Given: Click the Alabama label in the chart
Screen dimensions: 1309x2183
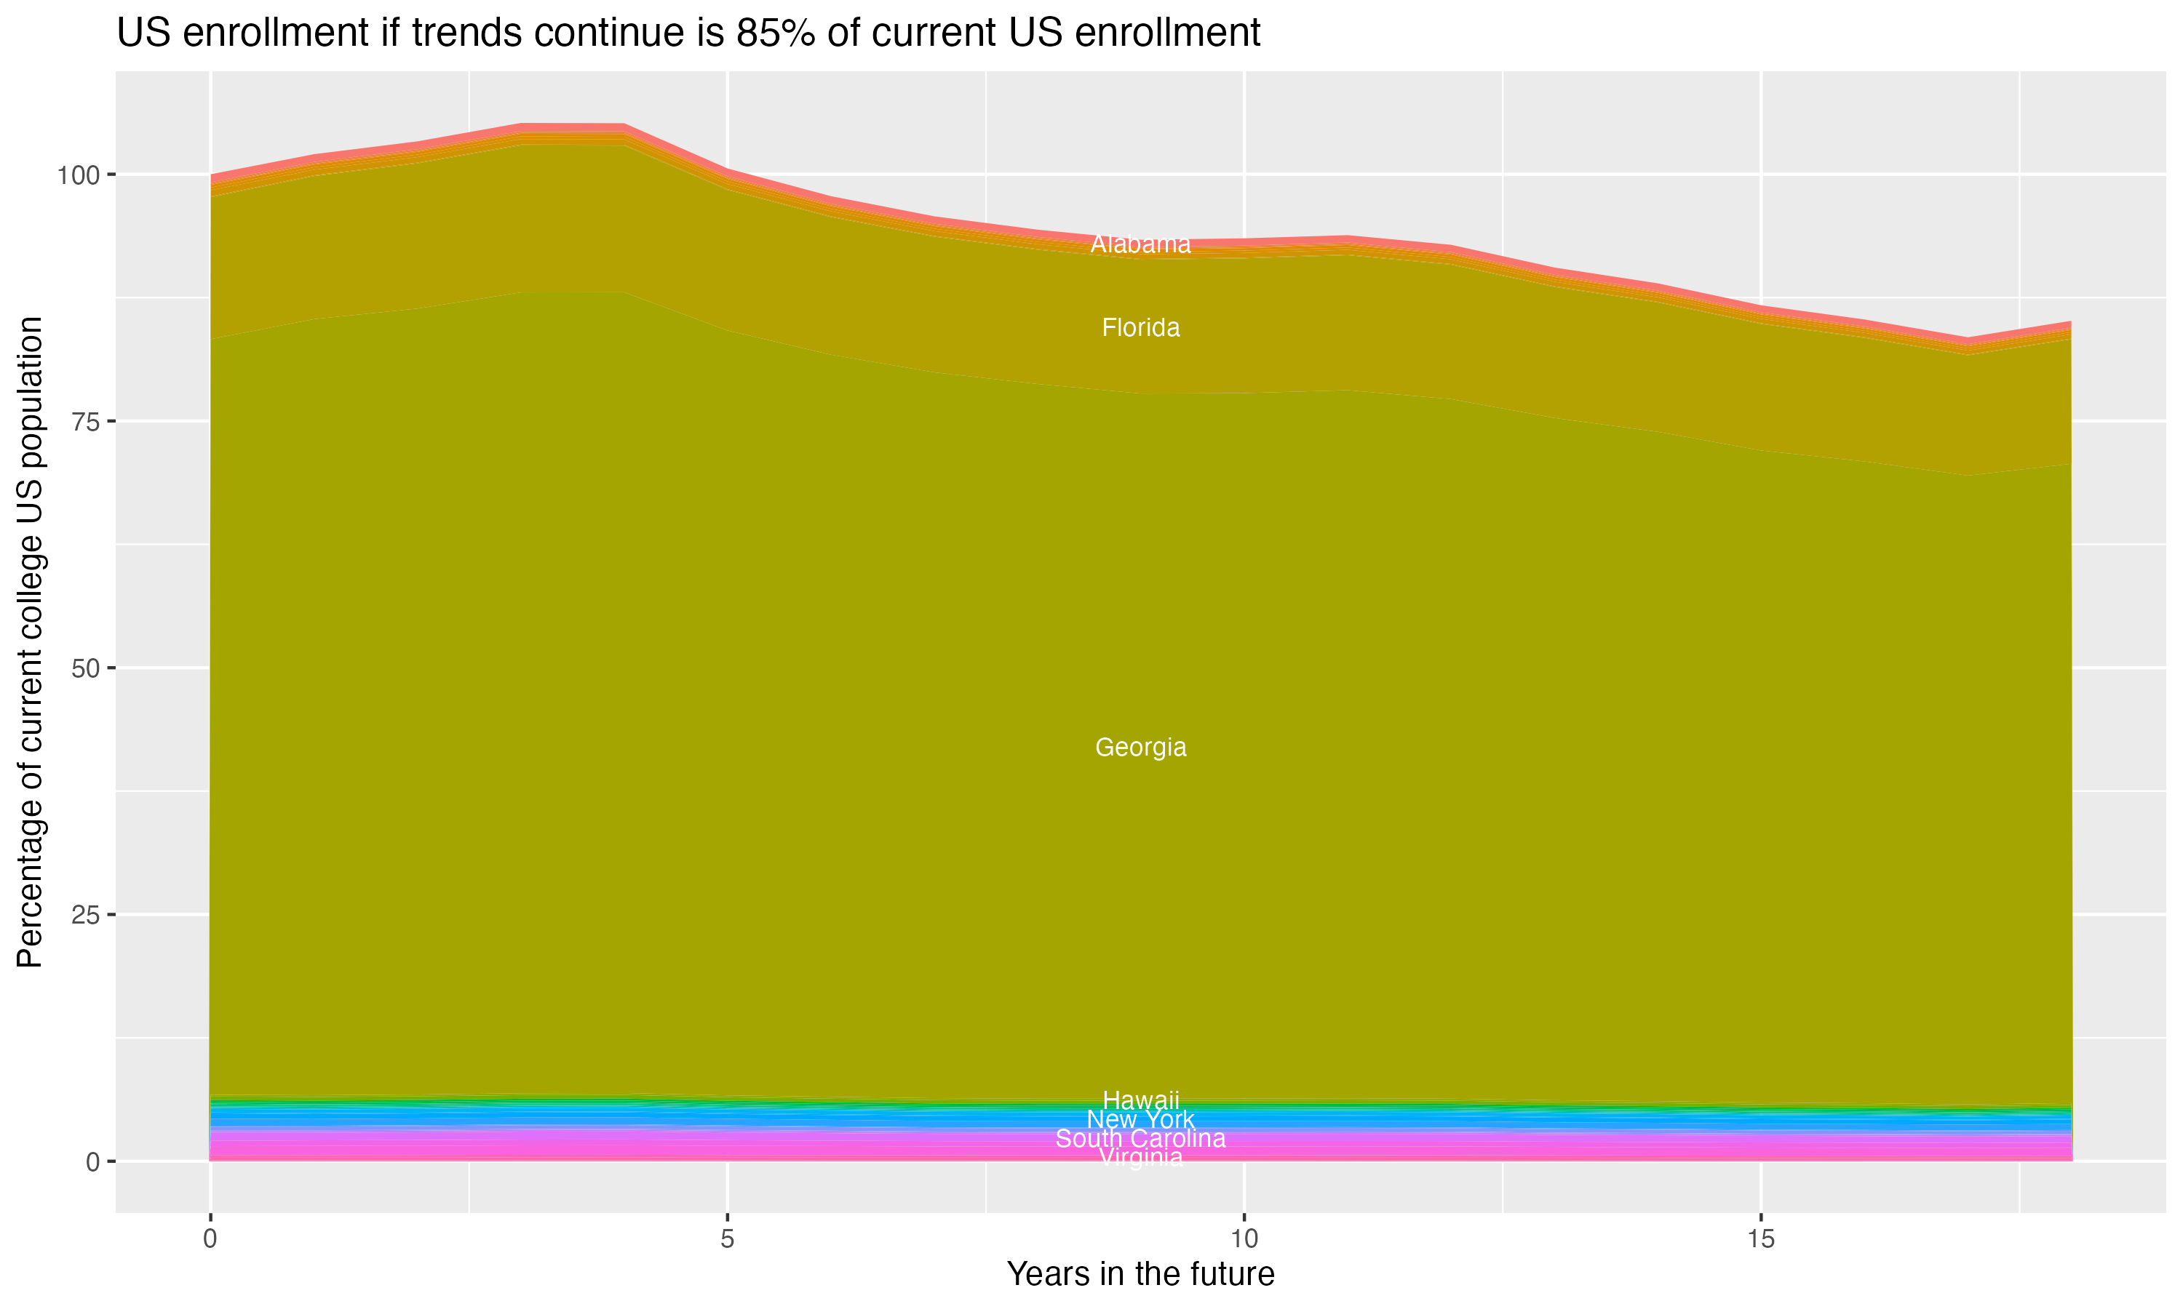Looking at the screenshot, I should pyautogui.click(x=1140, y=244).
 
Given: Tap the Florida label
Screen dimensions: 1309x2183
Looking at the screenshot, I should pyautogui.click(x=1140, y=328).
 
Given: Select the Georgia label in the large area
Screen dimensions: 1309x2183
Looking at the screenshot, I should pyautogui.click(x=1140, y=747).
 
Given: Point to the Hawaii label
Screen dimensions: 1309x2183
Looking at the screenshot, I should pyautogui.click(x=1140, y=1100).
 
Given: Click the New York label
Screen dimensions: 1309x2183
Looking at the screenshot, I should pyautogui.click(x=1140, y=1119).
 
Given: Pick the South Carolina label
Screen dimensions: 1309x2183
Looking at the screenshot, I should pyautogui.click(x=1140, y=1139).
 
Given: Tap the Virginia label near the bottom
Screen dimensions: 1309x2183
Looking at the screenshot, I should pyautogui.click(x=1140, y=1157).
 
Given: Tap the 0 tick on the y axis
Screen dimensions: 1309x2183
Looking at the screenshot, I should pyautogui.click(x=92, y=1161).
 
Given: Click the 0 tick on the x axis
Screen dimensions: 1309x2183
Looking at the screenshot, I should pyautogui.click(x=210, y=1239).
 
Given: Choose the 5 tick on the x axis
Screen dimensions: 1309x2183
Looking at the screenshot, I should pyautogui.click(x=727, y=1239).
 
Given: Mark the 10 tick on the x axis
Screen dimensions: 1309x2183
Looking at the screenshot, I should pyautogui.click(x=1244, y=1239).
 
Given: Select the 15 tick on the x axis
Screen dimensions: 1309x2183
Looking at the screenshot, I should pyautogui.click(x=1760, y=1239).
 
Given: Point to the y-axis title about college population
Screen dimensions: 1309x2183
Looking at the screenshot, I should pyautogui.click(x=30, y=642).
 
